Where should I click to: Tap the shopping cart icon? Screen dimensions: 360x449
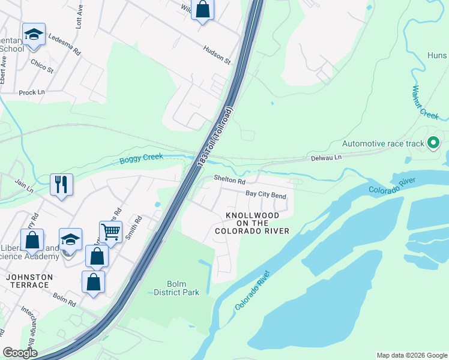pyautogui.click(x=110, y=231)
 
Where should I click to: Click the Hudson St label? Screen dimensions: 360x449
pyautogui.click(x=217, y=55)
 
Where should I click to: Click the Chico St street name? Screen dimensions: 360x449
pyautogui.click(x=42, y=66)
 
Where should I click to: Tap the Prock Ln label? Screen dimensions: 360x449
pyautogui.click(x=32, y=92)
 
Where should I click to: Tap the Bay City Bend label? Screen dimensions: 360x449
pyautogui.click(x=266, y=194)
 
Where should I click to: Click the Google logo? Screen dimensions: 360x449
pyautogui.click(x=20, y=353)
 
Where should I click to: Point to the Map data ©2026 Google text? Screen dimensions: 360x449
pyautogui.click(x=411, y=355)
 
